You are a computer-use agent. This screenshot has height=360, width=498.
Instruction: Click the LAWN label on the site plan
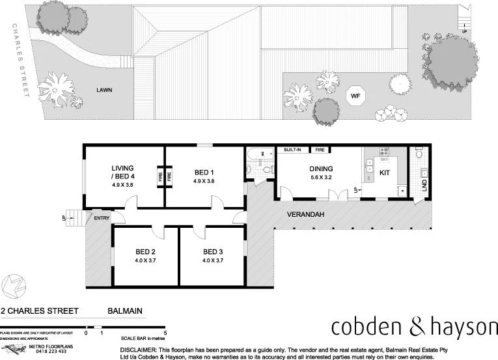coord(104,90)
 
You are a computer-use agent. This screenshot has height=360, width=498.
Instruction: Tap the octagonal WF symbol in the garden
coord(355,97)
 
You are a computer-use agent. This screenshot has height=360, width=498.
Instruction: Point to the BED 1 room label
coord(204,173)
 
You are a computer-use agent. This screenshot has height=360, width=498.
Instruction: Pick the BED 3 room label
coord(213,252)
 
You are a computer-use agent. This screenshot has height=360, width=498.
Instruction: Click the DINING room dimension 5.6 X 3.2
coord(320,177)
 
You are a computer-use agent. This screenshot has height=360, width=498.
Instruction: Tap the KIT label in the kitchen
coord(385,173)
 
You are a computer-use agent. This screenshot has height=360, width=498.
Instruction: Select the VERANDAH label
coord(306,214)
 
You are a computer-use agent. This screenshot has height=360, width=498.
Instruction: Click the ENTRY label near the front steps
coord(102,218)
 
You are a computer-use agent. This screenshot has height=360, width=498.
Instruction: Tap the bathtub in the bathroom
coord(257,155)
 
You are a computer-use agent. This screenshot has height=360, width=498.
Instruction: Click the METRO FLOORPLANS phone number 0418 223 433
coord(49,352)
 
